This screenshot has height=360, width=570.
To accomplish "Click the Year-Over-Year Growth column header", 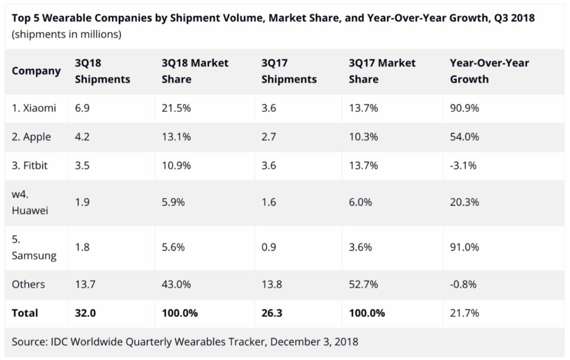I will (489, 71).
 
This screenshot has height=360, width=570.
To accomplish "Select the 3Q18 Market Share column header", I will (195, 71).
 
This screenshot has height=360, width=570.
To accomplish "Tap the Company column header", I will (36, 71).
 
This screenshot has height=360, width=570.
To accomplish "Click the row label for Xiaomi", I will (34, 108).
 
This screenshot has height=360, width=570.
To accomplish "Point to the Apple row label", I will (32, 137).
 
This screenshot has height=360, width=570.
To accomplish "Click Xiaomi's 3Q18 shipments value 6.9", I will (82, 108).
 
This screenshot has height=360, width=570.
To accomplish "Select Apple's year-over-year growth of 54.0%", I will (464, 137).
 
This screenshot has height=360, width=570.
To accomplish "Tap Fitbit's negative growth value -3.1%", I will (463, 166).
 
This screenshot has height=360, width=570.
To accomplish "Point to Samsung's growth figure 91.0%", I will (464, 248).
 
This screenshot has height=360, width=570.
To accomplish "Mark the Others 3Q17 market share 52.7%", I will (363, 284).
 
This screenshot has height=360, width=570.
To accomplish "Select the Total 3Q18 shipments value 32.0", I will (86, 313).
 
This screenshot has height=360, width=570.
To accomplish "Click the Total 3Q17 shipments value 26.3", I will (272, 313).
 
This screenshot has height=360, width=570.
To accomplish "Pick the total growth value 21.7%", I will (464, 313).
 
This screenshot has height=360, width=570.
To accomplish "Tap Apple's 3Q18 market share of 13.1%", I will (176, 137).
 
